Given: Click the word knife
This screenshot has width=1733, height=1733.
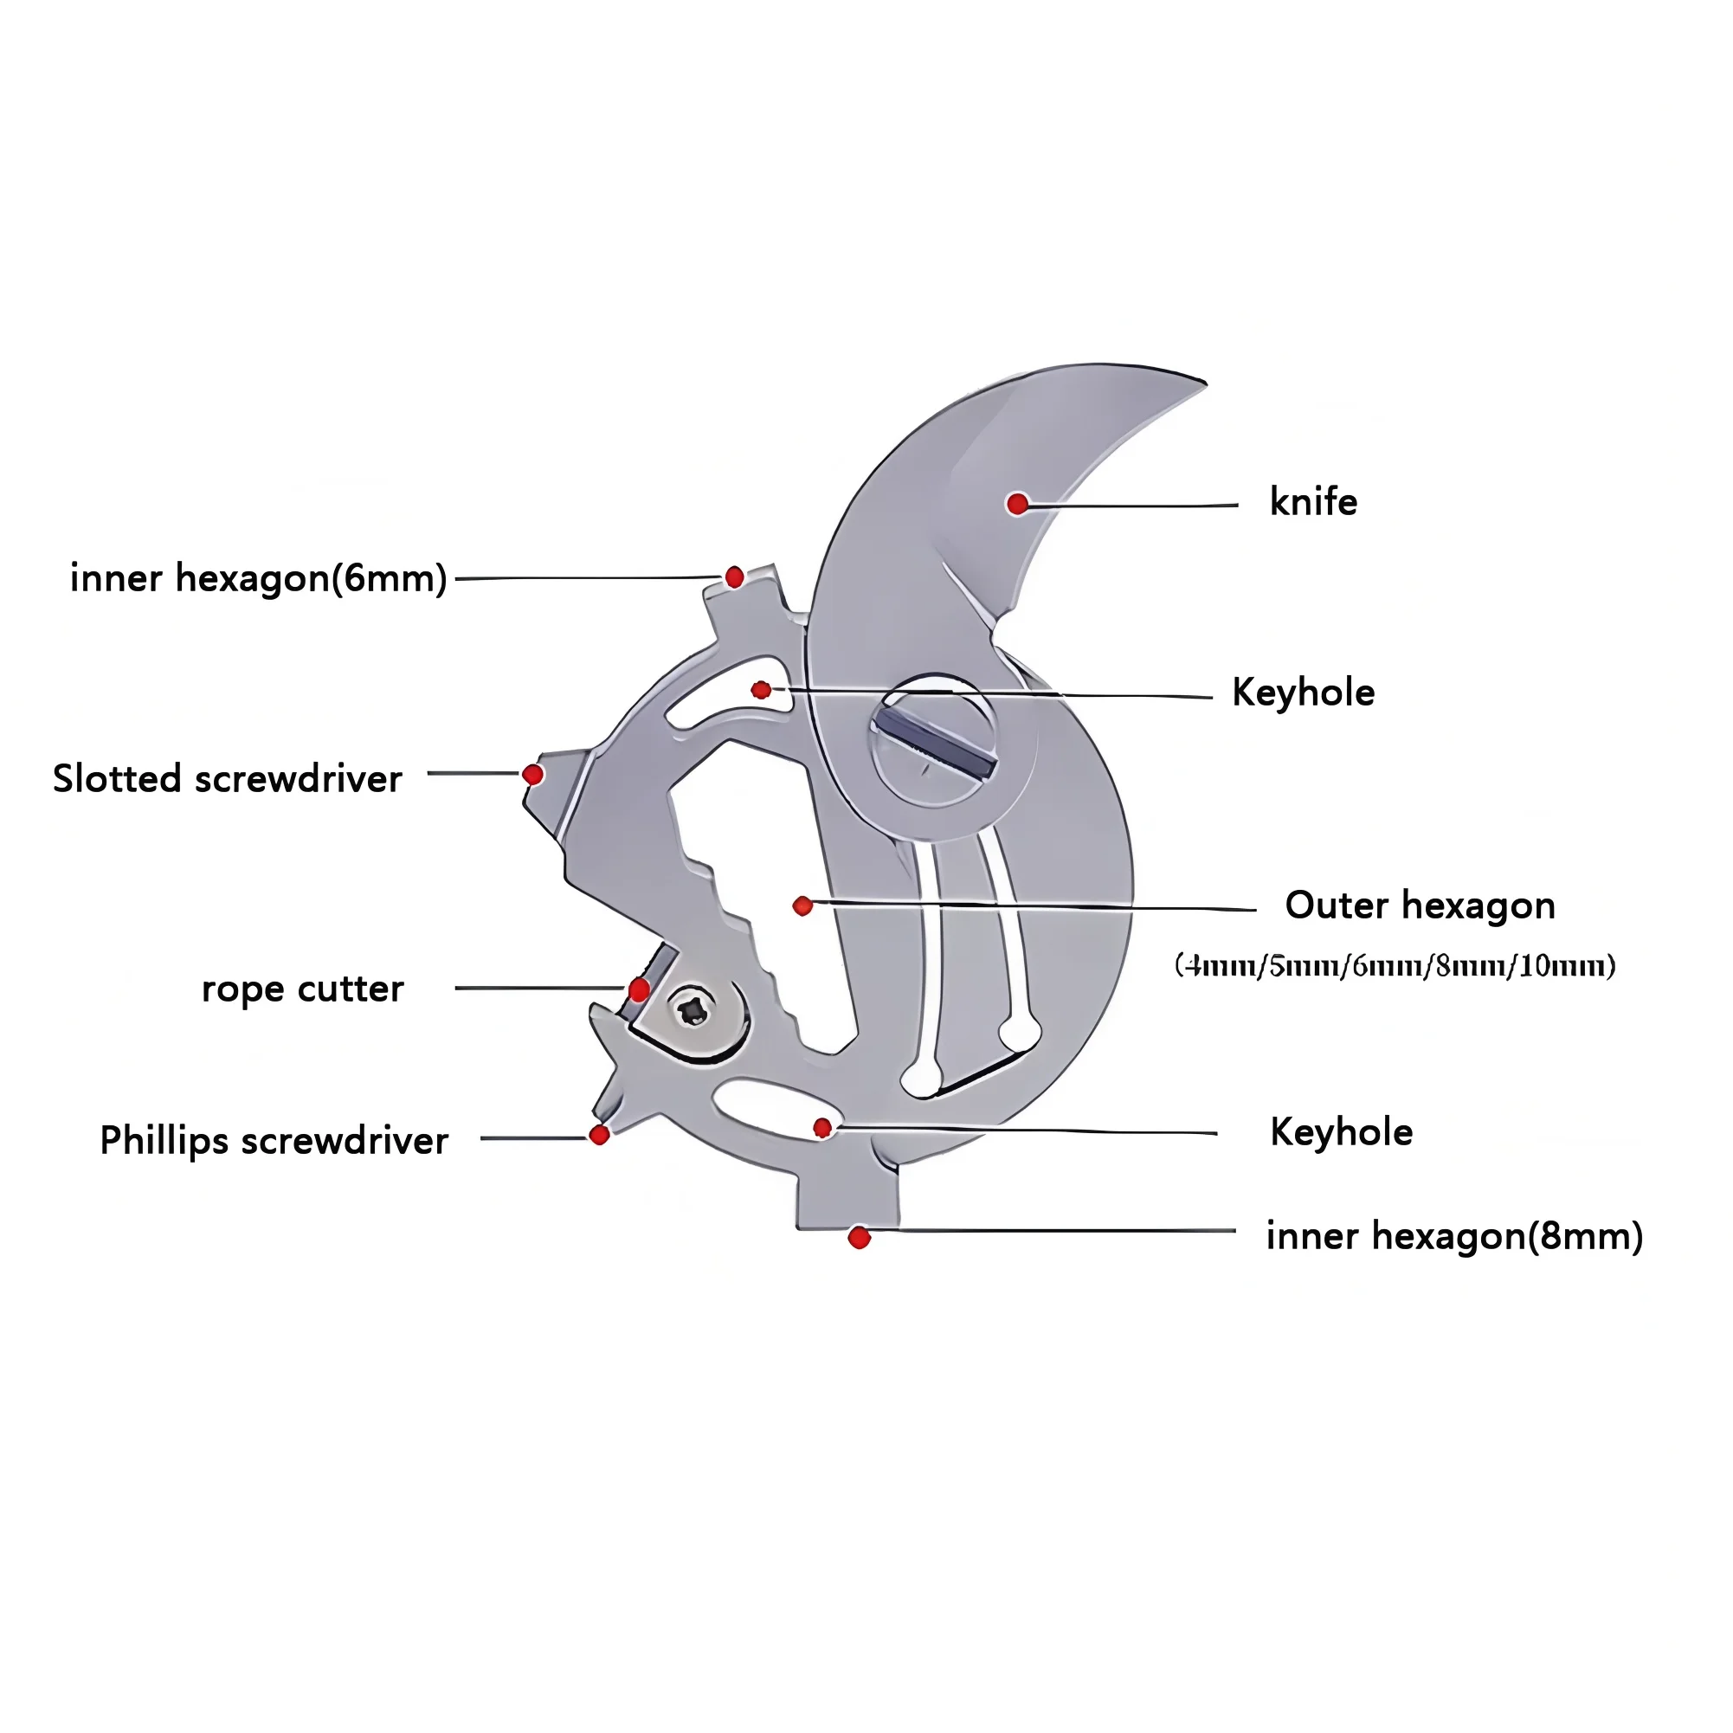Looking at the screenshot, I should pos(1312,501).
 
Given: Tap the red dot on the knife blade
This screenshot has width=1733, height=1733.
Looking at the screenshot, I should pos(1017,503).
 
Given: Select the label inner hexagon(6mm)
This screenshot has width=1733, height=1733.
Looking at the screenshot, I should pos(258,577).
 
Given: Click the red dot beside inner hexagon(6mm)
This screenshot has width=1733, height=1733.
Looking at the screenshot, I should pos(734,577).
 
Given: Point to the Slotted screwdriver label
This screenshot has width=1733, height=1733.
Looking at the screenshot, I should pos(227,777).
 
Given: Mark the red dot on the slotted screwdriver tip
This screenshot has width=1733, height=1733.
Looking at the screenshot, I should pos(533,774).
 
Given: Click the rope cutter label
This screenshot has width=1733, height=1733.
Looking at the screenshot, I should pos(302,989).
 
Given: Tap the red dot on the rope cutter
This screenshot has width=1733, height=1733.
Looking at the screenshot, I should pos(639,989).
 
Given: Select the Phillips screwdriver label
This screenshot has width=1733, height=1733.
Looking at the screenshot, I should pos(274,1140).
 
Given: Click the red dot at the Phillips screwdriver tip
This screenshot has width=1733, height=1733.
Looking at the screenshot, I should pos(599,1135).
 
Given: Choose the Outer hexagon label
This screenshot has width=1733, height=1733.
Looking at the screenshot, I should pos(1419,905).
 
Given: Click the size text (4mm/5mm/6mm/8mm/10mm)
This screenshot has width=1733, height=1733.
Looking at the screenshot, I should pos(1395,965).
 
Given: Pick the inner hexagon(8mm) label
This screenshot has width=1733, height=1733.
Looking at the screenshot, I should pos(1453,1235).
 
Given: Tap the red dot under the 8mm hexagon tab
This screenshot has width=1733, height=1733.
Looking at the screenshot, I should pos(859,1238).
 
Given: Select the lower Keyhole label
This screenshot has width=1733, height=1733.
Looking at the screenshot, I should pos(1341,1132).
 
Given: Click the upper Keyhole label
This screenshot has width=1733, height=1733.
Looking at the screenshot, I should pos(1303,692).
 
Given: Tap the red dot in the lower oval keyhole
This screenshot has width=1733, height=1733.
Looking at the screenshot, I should pos(822,1128).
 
